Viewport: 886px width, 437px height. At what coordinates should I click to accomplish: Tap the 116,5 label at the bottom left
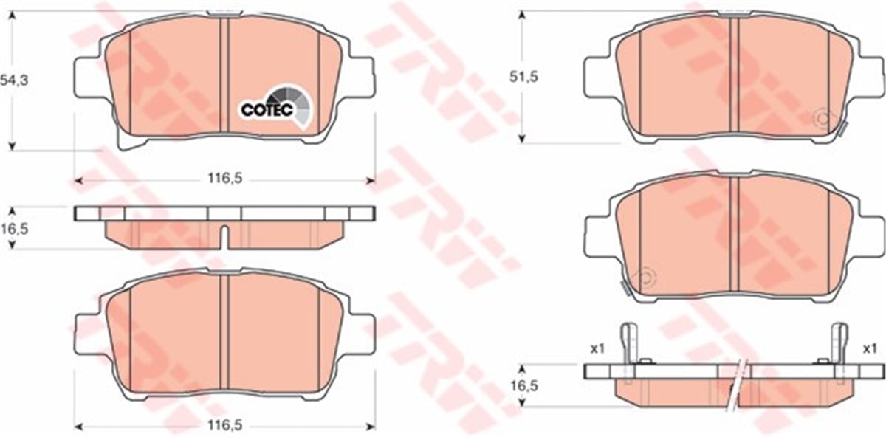[226, 426]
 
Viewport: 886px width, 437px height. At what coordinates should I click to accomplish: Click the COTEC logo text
[267, 110]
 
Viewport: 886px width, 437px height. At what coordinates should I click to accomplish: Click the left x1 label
[597, 348]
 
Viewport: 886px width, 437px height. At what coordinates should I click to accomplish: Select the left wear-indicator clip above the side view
[628, 343]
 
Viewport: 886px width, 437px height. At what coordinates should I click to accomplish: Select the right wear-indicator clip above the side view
[839, 343]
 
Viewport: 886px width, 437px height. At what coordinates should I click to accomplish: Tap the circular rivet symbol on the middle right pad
[645, 277]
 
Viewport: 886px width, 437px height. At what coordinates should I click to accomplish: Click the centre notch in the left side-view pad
[224, 235]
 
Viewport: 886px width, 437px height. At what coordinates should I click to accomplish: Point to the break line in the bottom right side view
[738, 384]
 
